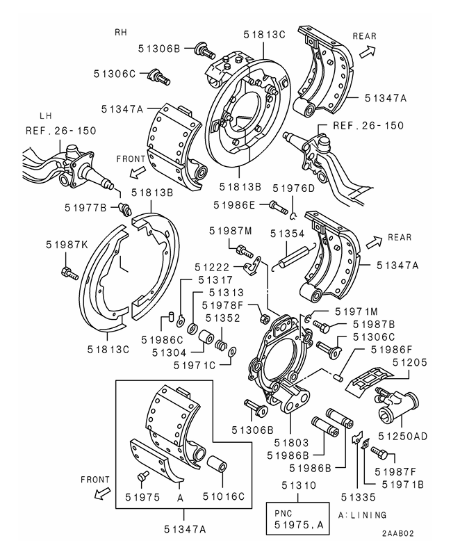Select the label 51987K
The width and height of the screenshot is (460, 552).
[67, 245]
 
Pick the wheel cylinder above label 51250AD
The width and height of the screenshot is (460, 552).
[396, 406]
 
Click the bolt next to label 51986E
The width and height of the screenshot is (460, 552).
[277, 206]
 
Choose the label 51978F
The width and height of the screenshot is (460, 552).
[222, 305]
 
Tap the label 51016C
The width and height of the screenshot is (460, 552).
[224, 496]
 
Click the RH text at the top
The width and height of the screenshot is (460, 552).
[122, 33]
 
